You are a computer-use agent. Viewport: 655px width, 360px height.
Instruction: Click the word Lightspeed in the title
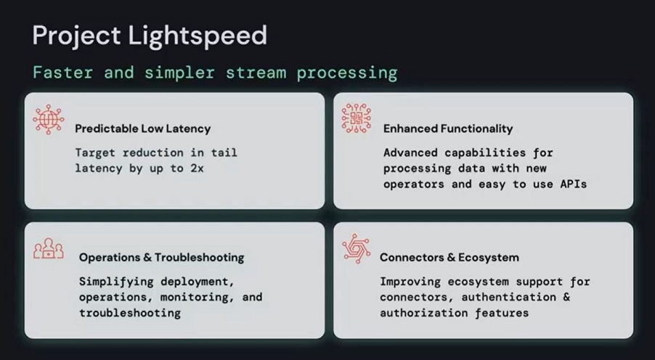point(198,36)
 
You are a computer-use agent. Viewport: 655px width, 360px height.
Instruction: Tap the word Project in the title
point(76,36)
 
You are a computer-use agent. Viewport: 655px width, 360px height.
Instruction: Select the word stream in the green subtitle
point(256,73)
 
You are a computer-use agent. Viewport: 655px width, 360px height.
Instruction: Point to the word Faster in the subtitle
point(62,73)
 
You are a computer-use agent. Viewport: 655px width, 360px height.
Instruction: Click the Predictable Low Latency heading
point(143,128)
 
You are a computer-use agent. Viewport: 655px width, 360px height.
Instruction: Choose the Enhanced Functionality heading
point(448,128)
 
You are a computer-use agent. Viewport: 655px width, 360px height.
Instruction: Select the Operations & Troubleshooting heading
point(162,257)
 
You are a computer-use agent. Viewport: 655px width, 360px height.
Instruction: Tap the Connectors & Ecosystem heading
point(449,257)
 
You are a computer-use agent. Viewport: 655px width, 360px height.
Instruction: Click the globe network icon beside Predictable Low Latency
point(49,120)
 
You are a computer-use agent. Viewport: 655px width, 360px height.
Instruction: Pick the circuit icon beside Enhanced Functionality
point(357,118)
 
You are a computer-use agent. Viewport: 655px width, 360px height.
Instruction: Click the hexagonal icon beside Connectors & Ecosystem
point(357,248)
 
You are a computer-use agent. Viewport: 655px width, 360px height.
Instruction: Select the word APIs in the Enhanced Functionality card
point(573,184)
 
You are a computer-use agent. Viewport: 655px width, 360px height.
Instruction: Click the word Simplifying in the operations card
point(116,282)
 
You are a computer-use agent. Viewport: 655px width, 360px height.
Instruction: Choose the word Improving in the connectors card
point(410,282)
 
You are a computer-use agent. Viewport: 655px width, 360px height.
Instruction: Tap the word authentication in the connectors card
point(509,298)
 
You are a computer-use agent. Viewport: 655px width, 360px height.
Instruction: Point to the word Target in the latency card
point(95,153)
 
